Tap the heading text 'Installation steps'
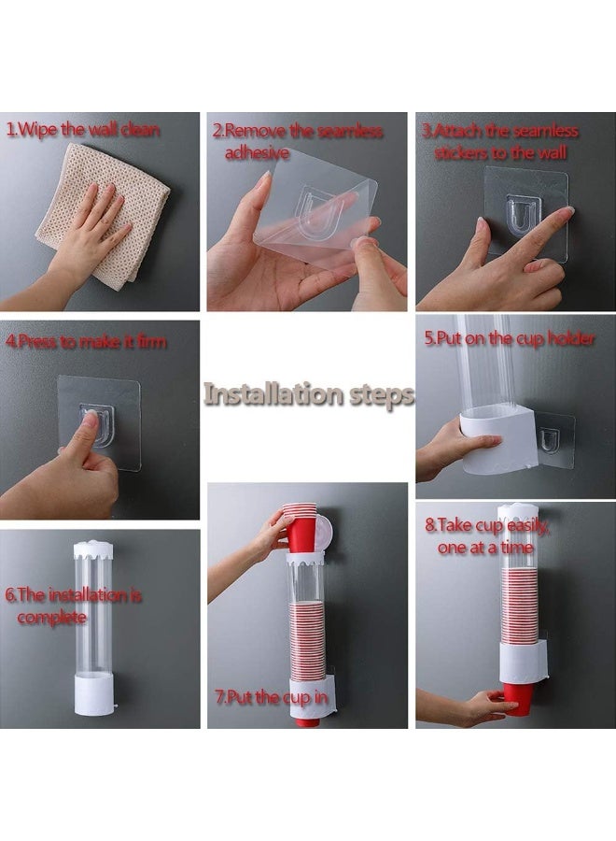[x=308, y=394]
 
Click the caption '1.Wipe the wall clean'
[x=83, y=130]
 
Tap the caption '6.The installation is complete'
[x=74, y=606]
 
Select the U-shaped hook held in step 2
[x=315, y=213]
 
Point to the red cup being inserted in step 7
[x=301, y=528]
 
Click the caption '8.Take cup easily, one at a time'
[x=488, y=537]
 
